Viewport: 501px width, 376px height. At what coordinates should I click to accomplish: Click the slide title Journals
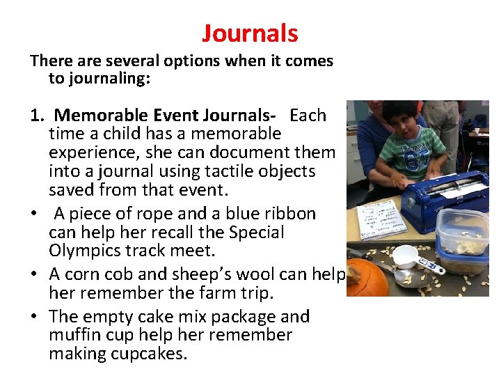tap(250, 33)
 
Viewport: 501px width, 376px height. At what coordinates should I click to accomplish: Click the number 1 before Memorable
tap(34, 116)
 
